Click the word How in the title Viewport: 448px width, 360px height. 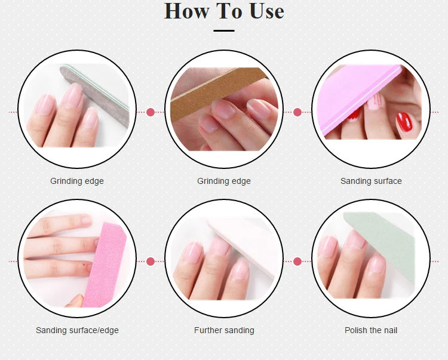(186, 11)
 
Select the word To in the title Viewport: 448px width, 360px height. (225, 11)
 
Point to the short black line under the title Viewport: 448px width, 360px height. (224, 30)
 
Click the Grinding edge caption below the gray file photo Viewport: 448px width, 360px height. (77, 181)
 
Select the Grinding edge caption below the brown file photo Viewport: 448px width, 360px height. (224, 181)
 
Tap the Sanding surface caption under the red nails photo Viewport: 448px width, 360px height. (371, 181)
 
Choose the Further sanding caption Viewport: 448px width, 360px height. (224, 330)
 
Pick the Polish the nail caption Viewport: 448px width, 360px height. (371, 330)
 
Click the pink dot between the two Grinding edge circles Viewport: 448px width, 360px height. (151, 112)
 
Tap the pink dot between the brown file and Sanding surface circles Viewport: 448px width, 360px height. (297, 112)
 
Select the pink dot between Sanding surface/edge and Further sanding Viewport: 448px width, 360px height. (151, 261)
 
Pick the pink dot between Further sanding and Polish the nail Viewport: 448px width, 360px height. (297, 261)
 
